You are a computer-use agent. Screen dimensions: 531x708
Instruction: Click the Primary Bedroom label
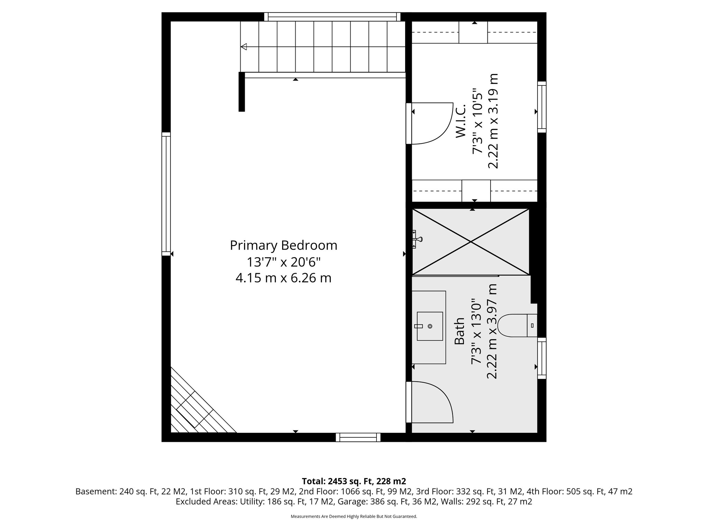pyautogui.click(x=283, y=245)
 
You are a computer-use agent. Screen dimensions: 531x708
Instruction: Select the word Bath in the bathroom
pyautogui.click(x=459, y=331)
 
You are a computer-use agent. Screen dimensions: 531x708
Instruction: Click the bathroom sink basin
pyautogui.click(x=430, y=326)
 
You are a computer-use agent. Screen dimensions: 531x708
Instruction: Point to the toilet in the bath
pyautogui.click(x=515, y=325)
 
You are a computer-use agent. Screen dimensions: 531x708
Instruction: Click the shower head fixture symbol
pyautogui.click(x=418, y=239)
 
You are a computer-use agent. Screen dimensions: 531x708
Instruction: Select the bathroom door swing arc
pyautogui.click(x=432, y=402)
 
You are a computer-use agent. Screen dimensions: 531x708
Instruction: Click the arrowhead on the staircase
pyautogui.click(x=244, y=47)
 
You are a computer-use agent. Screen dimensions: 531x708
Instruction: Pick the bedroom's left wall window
pyautogui.click(x=166, y=194)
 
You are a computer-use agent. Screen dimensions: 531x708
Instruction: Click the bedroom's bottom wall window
pyautogui.click(x=358, y=437)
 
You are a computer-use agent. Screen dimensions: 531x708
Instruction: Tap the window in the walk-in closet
pyautogui.click(x=542, y=107)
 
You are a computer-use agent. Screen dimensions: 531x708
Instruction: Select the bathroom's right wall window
pyautogui.click(x=542, y=358)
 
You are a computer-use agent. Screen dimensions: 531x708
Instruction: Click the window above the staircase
pyautogui.click(x=332, y=17)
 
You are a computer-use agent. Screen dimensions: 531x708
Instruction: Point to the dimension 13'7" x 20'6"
pyautogui.click(x=283, y=262)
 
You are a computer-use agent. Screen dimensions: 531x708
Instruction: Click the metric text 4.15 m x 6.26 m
pyautogui.click(x=283, y=278)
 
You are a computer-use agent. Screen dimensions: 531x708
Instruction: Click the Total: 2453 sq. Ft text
pyautogui.click(x=354, y=481)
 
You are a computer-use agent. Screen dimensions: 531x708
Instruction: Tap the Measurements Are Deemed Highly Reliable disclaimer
pyautogui.click(x=354, y=516)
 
